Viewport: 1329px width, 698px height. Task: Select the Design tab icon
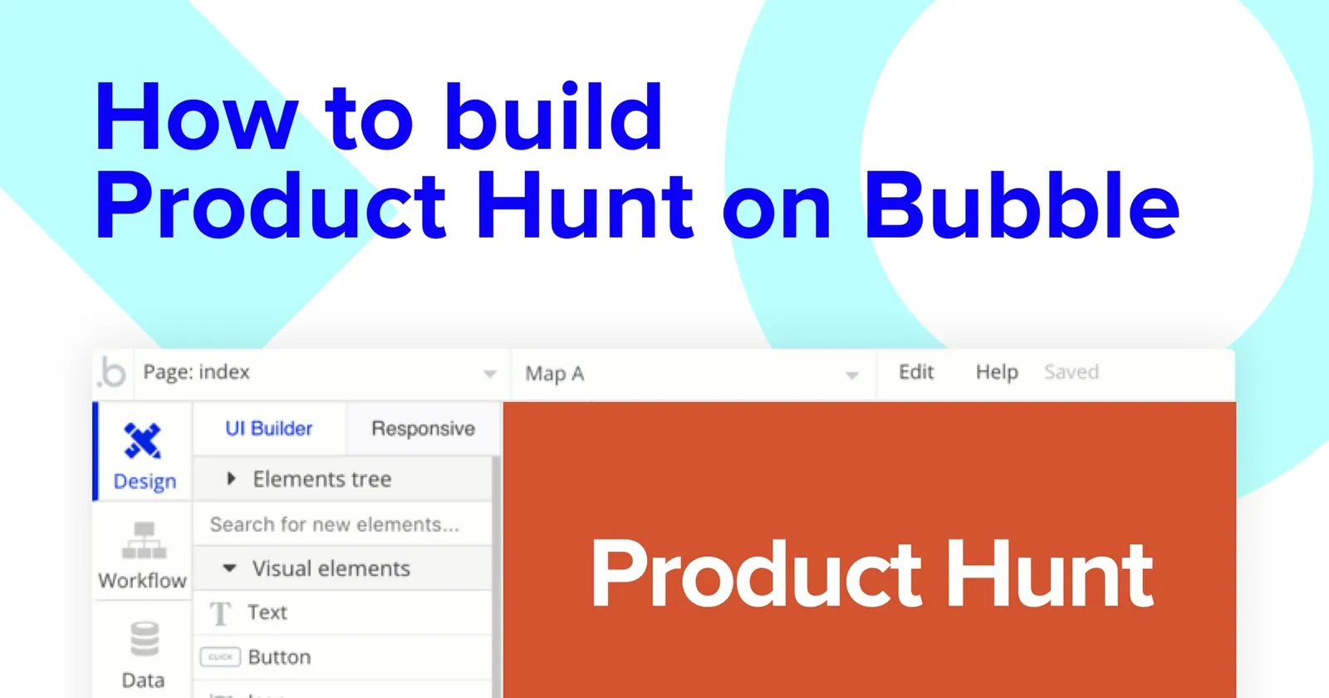143,440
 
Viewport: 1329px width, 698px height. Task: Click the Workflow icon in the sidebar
144,540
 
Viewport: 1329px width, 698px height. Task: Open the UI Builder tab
268,429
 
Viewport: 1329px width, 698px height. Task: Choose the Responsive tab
423,429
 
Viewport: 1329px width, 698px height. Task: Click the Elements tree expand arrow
231,479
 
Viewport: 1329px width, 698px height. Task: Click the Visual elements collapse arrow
230,568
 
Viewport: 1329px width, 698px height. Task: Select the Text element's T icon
219,613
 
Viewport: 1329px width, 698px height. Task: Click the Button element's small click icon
220,657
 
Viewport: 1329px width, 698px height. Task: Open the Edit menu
916,372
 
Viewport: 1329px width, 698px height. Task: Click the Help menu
997,372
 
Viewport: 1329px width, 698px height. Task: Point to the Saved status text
1072,372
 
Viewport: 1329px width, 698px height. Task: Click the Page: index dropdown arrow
490,374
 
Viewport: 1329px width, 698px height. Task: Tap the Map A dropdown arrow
851,375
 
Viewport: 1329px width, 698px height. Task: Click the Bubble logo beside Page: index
112,373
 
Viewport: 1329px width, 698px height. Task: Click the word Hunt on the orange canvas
1050,575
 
